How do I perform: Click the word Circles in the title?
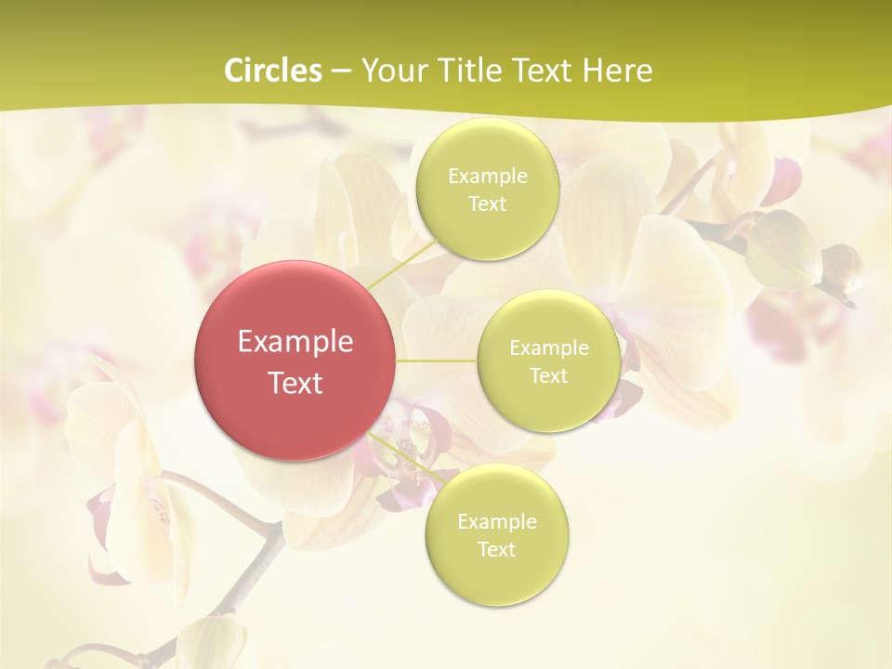pos(274,71)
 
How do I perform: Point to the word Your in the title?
pos(392,71)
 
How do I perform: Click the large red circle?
pos(295,360)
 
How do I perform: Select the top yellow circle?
pos(487,190)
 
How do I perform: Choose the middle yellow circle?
pos(548,361)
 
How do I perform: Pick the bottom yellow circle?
pos(496,534)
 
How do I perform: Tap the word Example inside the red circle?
pos(295,342)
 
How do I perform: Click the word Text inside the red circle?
pos(295,383)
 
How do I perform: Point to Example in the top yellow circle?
pos(487,177)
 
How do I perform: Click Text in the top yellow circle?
pos(487,204)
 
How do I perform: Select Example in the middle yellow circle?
pos(548,348)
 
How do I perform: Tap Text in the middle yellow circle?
pos(548,376)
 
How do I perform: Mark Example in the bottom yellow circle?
pos(496,522)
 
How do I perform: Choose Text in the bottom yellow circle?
pos(496,550)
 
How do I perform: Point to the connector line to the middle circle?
pos(437,360)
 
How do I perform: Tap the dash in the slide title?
pos(341,72)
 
